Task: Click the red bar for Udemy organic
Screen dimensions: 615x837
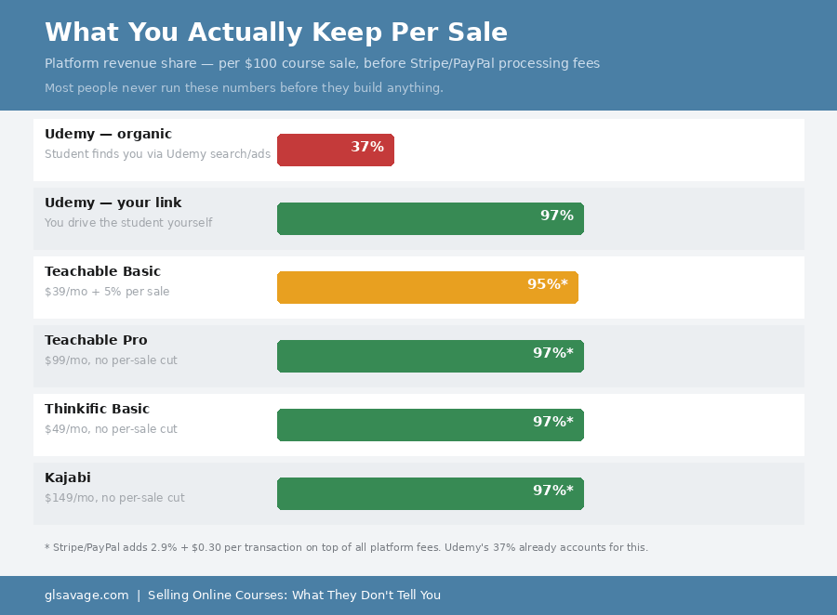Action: [335, 150]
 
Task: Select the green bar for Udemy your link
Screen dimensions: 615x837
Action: [430, 218]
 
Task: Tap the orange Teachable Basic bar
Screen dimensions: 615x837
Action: [427, 287]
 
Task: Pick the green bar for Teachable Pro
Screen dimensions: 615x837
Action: [430, 356]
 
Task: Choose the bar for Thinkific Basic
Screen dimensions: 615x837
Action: [430, 425]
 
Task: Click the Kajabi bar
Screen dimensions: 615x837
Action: [430, 493]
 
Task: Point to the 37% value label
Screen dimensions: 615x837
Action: [367, 147]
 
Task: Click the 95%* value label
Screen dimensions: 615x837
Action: [547, 284]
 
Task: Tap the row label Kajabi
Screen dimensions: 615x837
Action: [68, 478]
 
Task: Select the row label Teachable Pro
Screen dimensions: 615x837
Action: [96, 340]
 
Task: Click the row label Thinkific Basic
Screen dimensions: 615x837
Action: [97, 409]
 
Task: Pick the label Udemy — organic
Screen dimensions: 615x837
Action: [108, 134]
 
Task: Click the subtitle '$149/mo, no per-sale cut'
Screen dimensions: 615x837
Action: [114, 498]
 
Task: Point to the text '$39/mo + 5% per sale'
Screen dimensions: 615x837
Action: [107, 292]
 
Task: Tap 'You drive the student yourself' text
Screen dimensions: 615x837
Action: [128, 223]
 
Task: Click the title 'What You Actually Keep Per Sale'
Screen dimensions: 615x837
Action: [276, 33]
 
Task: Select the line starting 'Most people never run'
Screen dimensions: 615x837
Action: [244, 88]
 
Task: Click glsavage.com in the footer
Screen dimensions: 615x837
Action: [86, 595]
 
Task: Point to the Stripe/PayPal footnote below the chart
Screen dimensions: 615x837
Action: [346, 547]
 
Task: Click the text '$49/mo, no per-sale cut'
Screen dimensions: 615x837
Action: [111, 429]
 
